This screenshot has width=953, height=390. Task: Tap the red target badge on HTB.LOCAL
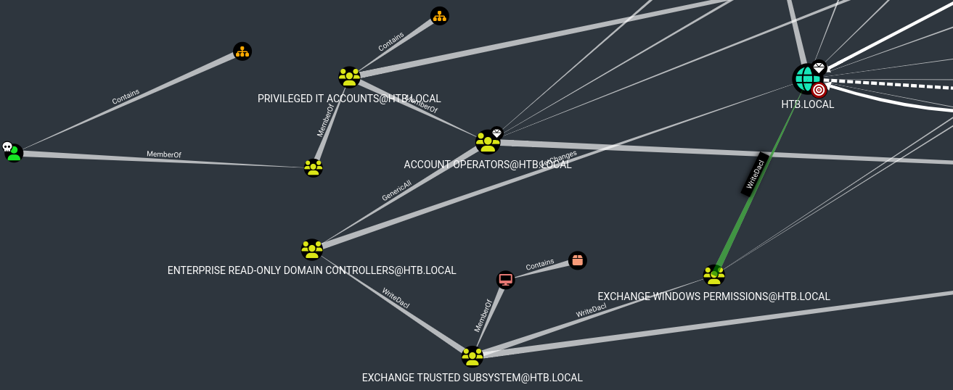[x=819, y=90]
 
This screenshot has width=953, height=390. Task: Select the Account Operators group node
[x=488, y=142]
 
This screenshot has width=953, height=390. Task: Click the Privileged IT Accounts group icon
[x=349, y=77]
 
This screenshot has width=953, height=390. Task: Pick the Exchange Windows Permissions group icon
[x=713, y=275]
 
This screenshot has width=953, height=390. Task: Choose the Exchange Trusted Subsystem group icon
[x=473, y=357]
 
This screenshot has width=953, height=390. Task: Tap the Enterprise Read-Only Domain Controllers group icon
[x=312, y=249]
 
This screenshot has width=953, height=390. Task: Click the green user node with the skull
[x=14, y=153]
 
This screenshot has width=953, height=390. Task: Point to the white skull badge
[x=7, y=147]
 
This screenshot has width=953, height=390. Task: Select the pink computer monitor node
[x=505, y=279]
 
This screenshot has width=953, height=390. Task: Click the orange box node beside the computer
[x=577, y=260]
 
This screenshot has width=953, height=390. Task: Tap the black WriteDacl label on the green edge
[x=754, y=174]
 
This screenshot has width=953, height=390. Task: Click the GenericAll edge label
[x=396, y=191]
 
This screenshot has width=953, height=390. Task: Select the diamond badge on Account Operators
[x=496, y=133]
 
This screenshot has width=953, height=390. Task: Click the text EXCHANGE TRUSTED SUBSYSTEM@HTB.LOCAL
[x=472, y=378]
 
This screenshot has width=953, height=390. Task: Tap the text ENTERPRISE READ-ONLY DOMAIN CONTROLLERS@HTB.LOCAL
[x=311, y=270]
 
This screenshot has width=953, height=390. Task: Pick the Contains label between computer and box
[x=540, y=265]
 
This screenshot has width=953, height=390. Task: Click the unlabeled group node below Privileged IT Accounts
[x=314, y=167]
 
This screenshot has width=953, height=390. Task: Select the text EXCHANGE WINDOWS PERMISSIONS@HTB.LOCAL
[x=713, y=296]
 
